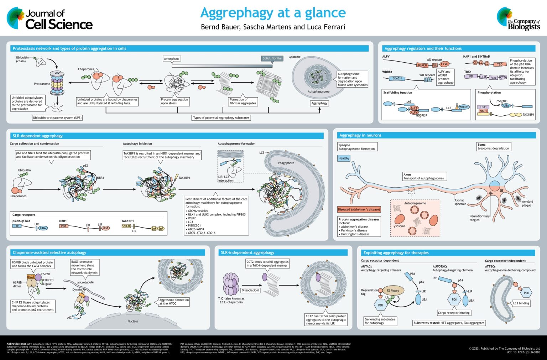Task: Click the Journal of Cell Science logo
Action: point(50,19)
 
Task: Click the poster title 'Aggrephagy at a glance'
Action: point(273,13)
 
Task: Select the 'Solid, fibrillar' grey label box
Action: point(272,58)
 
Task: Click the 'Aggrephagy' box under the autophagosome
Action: point(319,103)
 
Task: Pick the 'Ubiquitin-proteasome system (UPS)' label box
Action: point(57,118)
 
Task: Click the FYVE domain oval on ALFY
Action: point(444,64)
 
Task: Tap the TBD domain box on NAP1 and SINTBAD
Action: point(500,64)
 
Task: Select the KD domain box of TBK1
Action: point(471,77)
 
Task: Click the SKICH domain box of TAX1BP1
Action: point(126,226)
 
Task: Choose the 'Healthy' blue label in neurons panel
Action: point(344,158)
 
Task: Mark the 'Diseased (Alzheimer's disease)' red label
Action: point(359,209)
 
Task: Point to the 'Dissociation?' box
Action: point(250,290)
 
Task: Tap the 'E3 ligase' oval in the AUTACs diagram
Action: point(393,290)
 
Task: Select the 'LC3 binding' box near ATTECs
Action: point(521,303)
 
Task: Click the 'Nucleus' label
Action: point(133,321)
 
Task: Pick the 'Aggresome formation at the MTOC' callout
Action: point(174,302)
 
